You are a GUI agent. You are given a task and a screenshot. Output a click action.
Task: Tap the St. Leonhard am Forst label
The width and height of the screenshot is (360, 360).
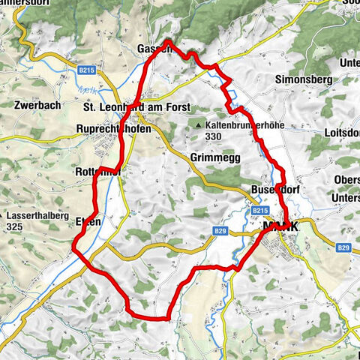pos(135,107)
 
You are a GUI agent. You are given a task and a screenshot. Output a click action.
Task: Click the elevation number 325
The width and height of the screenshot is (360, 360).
pos(16,226)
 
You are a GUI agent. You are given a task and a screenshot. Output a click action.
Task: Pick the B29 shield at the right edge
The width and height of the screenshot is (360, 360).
pos(343,247)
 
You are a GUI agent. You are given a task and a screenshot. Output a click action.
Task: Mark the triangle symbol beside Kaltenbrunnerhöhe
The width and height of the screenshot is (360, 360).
pos(198,125)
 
